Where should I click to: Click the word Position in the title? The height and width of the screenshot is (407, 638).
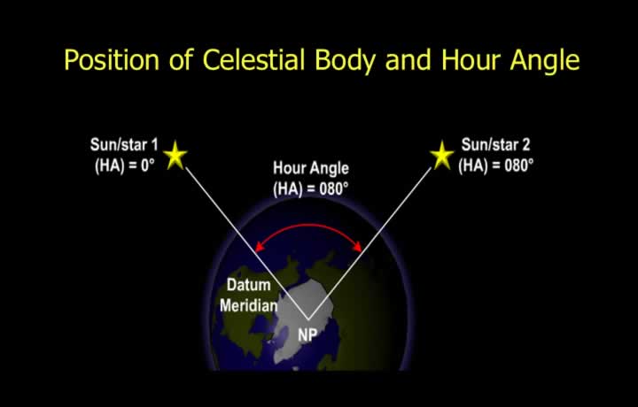tap(112, 60)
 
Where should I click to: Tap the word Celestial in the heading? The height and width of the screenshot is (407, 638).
tap(254, 59)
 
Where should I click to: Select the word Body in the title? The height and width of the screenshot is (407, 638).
tap(345, 61)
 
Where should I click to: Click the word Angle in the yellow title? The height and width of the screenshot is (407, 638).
tap(545, 61)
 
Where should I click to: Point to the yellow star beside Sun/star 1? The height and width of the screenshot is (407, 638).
tap(175, 155)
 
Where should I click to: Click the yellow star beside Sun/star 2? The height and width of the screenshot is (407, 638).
tap(442, 155)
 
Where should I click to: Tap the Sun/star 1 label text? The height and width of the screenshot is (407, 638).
tap(124, 145)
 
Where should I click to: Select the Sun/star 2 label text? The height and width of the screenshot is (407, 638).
tap(495, 145)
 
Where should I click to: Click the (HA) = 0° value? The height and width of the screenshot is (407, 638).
tap(125, 165)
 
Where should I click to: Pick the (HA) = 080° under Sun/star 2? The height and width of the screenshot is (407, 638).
tap(495, 165)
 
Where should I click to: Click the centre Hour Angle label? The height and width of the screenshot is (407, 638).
tap(311, 168)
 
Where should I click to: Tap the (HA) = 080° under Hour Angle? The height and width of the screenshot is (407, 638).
tap(311, 188)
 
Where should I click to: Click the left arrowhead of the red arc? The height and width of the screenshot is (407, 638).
tap(259, 247)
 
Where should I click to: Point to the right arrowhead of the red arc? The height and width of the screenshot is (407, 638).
tap(358, 246)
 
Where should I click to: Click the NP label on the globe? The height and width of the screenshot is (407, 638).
tap(307, 334)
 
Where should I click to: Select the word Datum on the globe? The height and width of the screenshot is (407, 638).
tap(249, 285)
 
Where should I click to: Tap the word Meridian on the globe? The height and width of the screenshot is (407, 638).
tap(249, 305)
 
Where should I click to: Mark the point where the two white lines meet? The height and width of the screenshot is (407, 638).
tap(308, 320)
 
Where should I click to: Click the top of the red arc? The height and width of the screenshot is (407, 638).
tap(309, 224)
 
